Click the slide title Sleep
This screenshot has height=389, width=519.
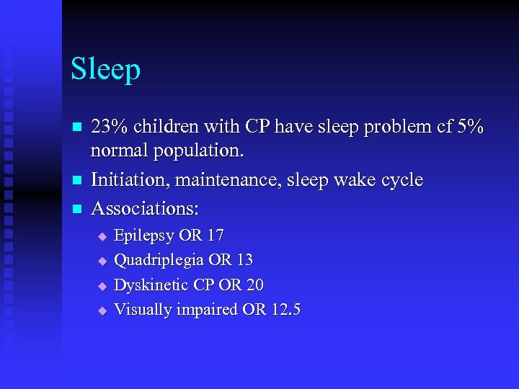105,71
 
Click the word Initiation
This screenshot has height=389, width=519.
127,179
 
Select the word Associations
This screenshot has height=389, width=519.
144,207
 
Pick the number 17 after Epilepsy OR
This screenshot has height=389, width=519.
215,236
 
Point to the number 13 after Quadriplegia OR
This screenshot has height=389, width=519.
244,260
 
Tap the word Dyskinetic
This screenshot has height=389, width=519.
151,285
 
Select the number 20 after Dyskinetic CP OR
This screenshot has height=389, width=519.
254,285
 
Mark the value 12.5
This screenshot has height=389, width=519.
286,310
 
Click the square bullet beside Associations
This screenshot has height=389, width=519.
76,208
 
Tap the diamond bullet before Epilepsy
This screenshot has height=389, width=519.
102,236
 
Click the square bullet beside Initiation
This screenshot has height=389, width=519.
76,180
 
